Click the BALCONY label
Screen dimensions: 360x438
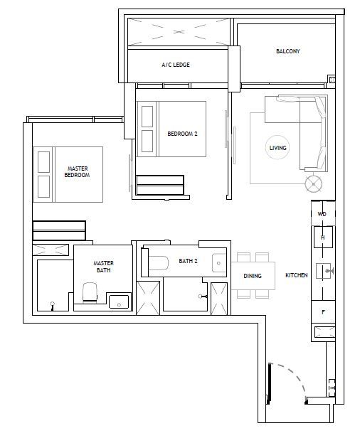coord(288,51)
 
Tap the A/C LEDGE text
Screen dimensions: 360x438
coord(176,65)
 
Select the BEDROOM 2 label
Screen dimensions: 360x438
coord(182,134)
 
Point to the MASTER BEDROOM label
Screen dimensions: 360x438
coord(77,172)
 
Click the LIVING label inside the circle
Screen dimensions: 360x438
coord(277,148)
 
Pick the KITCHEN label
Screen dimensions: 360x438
coord(296,275)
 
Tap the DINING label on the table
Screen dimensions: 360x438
coord(253,276)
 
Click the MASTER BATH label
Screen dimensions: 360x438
coord(103,267)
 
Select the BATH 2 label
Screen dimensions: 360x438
coord(188,261)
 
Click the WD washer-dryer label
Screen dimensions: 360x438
coord(322,214)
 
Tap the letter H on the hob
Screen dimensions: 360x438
coord(323,237)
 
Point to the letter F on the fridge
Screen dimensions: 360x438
coord(324,312)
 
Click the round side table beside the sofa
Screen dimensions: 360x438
coord(313,183)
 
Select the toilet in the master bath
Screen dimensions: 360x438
coord(90,292)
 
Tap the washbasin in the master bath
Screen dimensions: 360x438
coord(119,301)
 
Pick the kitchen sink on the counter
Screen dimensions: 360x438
coord(324,271)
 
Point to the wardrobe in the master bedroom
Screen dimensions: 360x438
coord(59,230)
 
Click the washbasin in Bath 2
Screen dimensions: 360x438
coord(219,263)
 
